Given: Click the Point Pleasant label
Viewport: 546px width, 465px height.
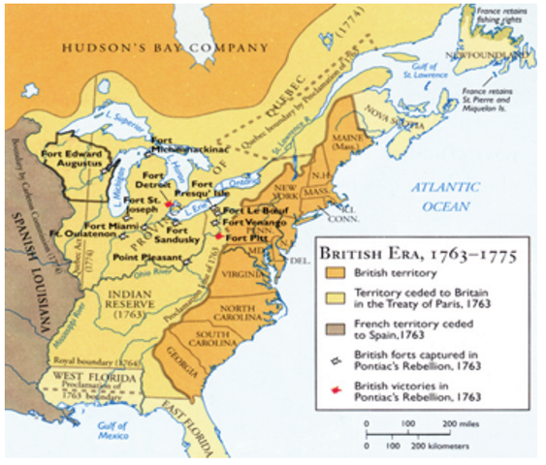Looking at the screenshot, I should tap(146, 258).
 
